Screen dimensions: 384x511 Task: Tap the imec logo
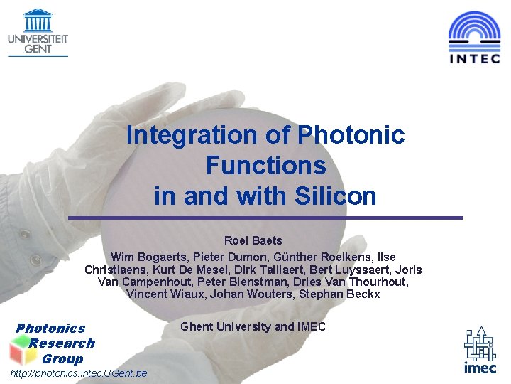pos(480,352)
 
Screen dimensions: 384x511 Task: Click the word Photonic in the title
pos(351,134)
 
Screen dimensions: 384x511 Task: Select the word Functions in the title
pos(265,165)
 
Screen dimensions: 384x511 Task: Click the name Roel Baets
pos(253,241)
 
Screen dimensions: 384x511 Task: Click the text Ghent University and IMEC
pos(253,326)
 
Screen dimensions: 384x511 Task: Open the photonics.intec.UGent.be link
pos(79,373)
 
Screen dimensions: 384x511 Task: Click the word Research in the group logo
pos(62,343)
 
